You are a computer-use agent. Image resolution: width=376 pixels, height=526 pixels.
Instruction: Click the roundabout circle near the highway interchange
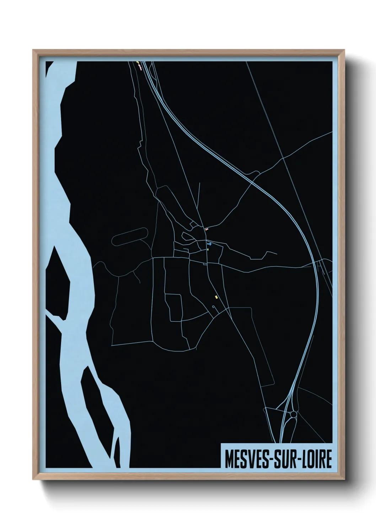click(293, 414)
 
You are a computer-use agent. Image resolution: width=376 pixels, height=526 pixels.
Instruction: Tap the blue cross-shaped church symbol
click(209, 244)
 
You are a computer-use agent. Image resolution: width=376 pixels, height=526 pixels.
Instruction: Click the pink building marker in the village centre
click(206, 229)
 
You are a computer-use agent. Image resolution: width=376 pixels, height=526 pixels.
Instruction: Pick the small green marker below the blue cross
click(208, 249)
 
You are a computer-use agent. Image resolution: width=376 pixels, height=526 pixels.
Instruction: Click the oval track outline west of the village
click(130, 236)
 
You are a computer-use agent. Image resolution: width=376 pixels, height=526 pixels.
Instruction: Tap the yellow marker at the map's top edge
click(137, 63)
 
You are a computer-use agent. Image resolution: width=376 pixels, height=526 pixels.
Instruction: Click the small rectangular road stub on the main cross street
click(205, 264)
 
